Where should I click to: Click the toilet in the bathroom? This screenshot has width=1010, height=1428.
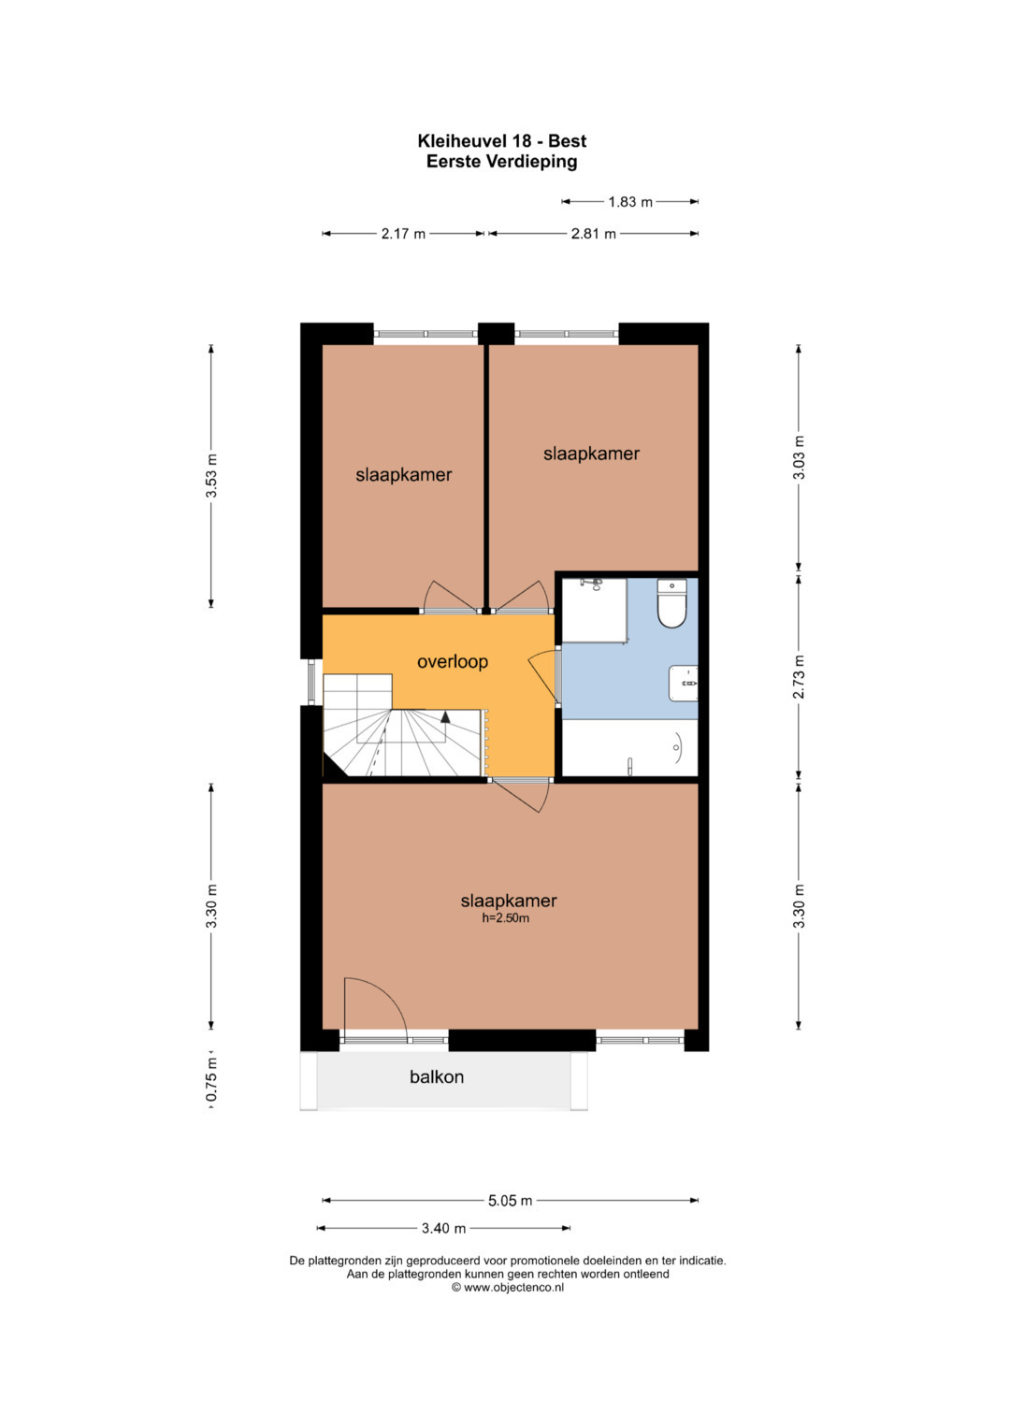click(671, 603)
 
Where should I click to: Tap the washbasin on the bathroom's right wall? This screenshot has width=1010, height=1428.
click(683, 683)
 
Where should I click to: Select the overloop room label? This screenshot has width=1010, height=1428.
click(452, 662)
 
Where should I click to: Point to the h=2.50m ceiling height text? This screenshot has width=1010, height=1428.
click(506, 918)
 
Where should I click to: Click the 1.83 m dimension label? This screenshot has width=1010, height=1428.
click(630, 202)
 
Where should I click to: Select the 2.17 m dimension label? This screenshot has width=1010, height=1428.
click(403, 234)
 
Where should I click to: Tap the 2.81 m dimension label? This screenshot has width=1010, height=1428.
click(593, 234)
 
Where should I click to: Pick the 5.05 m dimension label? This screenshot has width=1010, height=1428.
click(510, 1201)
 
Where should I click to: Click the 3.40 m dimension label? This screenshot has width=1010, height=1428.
click(444, 1229)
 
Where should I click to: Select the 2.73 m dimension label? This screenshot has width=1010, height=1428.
click(799, 676)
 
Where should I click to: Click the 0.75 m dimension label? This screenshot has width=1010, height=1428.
click(212, 1080)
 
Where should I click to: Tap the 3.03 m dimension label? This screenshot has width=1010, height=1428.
click(799, 457)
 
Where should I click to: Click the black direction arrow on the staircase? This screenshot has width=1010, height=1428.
click(445, 716)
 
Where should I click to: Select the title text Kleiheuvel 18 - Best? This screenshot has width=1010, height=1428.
click(502, 141)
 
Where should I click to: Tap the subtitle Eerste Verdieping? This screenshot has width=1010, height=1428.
click(502, 161)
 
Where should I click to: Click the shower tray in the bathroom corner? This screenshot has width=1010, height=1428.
click(594, 610)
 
